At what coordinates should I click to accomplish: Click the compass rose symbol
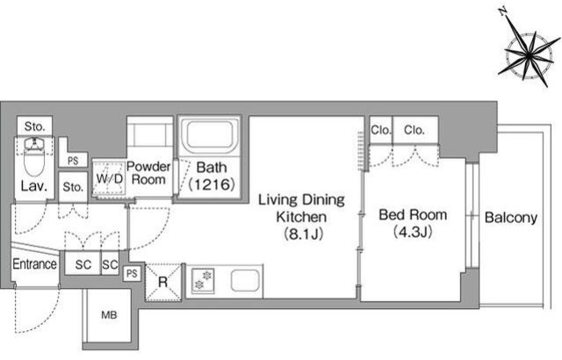[529, 54]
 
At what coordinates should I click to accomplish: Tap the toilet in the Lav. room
[34, 156]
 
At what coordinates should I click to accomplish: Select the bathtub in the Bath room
[210, 135]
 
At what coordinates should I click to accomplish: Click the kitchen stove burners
[203, 280]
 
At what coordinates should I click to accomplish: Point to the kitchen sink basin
[245, 280]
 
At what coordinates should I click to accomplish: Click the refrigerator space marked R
[163, 282]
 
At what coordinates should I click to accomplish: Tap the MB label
[109, 315]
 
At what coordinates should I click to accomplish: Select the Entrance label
[34, 264]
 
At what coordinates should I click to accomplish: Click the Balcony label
[511, 218]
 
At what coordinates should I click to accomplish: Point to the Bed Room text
[413, 214]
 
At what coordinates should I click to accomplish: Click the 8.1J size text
[304, 234]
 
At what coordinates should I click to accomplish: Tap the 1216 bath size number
[212, 184]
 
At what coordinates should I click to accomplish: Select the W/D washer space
[109, 179]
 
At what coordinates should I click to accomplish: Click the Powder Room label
[148, 173]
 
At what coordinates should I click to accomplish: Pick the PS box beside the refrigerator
[132, 274]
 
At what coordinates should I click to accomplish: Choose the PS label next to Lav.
[73, 161]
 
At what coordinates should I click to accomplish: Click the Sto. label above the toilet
[35, 126]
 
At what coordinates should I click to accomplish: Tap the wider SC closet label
[83, 264]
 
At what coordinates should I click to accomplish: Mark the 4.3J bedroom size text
[413, 232]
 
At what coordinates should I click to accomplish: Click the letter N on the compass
[503, 11]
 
